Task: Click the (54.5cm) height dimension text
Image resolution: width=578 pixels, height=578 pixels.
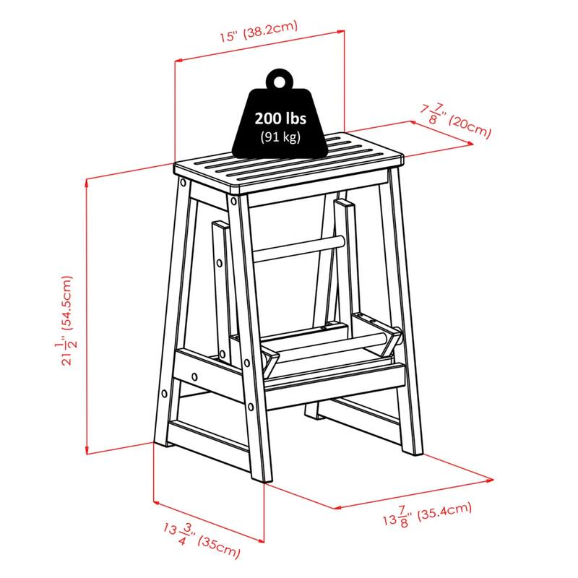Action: click(x=67, y=304)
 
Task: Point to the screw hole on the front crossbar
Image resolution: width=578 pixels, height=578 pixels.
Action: click(x=197, y=376)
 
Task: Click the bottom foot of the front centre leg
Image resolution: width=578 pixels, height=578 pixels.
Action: click(x=258, y=477)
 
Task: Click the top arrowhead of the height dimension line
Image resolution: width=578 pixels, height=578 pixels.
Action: click(x=87, y=182)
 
